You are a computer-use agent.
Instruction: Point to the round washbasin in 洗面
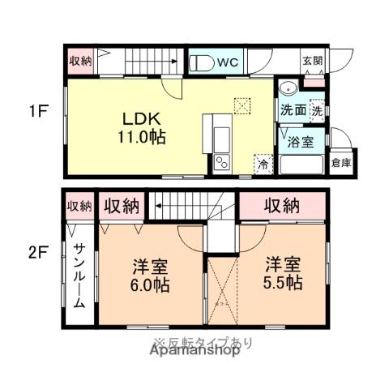(287, 90)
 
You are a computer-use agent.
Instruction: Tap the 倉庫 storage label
(341, 162)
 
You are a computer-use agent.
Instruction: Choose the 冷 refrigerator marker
(263, 163)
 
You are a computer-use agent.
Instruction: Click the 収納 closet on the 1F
(80, 61)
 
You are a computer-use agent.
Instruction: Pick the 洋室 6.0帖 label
(150, 275)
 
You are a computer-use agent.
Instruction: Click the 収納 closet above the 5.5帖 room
(283, 204)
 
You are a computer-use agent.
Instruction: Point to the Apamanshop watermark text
(194, 352)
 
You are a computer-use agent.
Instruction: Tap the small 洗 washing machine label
(317, 109)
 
